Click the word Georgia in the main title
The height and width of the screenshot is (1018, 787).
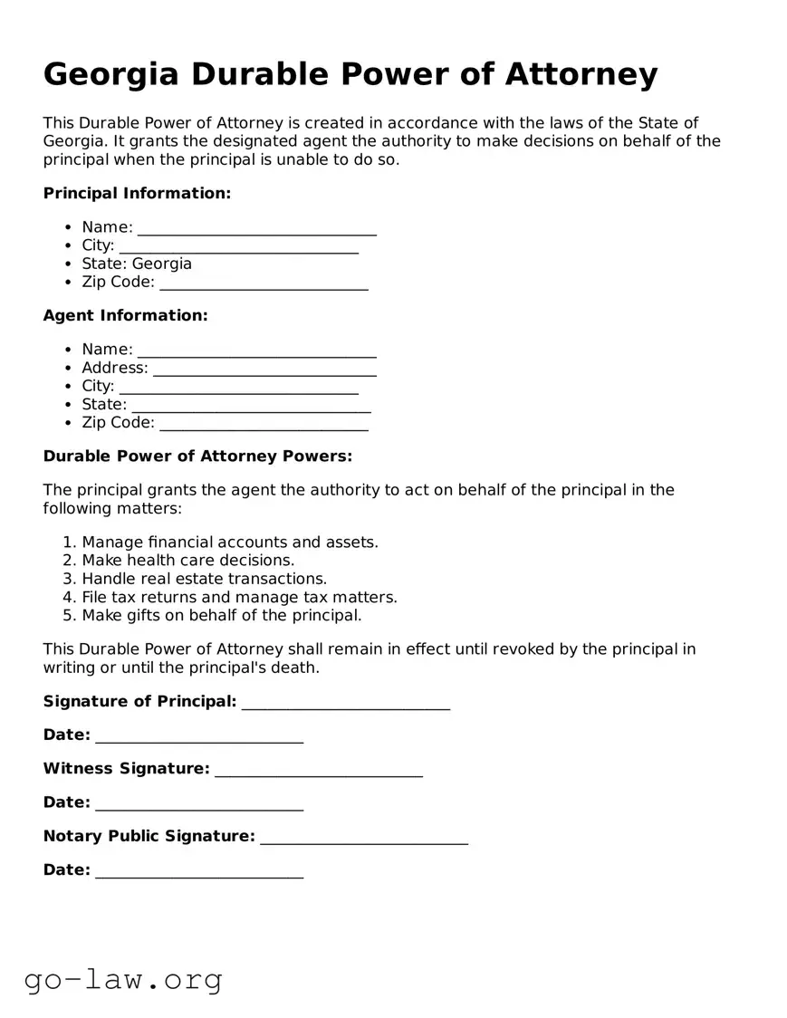[110, 74]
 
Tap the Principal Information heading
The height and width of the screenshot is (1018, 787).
[137, 193]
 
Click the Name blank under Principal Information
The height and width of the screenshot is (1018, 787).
[256, 228]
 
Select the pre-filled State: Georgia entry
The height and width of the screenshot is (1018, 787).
[137, 264]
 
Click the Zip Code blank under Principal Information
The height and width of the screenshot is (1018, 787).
[264, 283]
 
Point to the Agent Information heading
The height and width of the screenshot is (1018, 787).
[125, 315]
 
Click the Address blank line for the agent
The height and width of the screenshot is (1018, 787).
[264, 369]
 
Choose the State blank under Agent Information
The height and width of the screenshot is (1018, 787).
[251, 405]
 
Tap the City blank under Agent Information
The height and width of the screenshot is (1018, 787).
[238, 387]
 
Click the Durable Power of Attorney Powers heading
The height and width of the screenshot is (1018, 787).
[197, 456]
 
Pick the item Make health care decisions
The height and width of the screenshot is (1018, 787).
[187, 561]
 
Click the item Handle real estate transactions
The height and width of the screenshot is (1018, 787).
[204, 579]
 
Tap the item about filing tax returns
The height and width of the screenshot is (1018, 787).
[239, 597]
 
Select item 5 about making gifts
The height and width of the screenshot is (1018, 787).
[221, 615]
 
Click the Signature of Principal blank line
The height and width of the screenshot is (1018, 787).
[345, 703]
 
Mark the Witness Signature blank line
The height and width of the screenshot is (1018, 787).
[318, 770]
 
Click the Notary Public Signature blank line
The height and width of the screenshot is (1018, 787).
[363, 837]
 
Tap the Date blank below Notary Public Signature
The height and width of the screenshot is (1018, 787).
[198, 871]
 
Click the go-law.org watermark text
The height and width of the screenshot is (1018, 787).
[123, 979]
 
